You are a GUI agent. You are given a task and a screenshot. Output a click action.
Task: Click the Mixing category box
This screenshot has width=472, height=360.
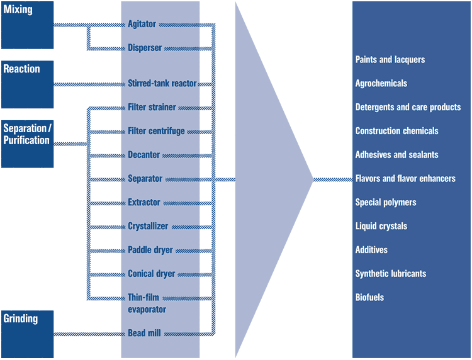click(x=27, y=25)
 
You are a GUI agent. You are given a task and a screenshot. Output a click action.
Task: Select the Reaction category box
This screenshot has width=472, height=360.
click(x=27, y=84)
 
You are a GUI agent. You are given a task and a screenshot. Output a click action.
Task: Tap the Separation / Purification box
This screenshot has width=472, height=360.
click(x=27, y=143)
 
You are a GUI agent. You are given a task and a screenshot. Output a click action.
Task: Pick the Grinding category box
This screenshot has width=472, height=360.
click(x=27, y=333)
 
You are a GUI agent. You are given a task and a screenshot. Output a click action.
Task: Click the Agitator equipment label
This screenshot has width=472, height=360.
click(x=142, y=25)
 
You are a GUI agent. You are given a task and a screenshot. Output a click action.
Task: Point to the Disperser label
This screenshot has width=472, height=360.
click(x=145, y=48)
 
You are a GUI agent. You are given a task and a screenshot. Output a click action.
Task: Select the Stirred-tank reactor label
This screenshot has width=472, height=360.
click(x=162, y=83)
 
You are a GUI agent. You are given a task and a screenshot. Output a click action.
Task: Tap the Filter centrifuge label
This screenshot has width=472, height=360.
click(x=156, y=131)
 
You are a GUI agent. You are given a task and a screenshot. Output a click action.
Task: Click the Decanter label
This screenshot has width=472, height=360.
click(x=144, y=155)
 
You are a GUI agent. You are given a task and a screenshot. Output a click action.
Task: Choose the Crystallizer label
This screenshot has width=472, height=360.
click(x=148, y=226)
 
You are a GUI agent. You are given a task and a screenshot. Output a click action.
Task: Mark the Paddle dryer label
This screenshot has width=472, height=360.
click(x=150, y=250)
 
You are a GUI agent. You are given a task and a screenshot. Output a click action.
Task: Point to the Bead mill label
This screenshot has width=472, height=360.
click(x=144, y=333)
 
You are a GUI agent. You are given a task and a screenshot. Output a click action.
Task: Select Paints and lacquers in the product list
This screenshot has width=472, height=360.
click(x=390, y=60)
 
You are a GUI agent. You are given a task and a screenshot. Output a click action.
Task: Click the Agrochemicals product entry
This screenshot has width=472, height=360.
click(x=381, y=84)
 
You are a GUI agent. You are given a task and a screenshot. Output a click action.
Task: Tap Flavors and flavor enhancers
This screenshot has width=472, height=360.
click(x=405, y=179)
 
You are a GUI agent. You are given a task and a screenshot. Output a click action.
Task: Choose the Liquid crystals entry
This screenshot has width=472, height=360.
click(x=381, y=226)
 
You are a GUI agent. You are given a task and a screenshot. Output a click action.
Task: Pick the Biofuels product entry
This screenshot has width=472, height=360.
click(x=369, y=297)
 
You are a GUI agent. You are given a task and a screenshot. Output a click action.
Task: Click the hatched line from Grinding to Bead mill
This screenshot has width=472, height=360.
click(x=88, y=333)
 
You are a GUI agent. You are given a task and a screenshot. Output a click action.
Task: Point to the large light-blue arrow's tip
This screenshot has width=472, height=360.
click(x=311, y=179)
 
